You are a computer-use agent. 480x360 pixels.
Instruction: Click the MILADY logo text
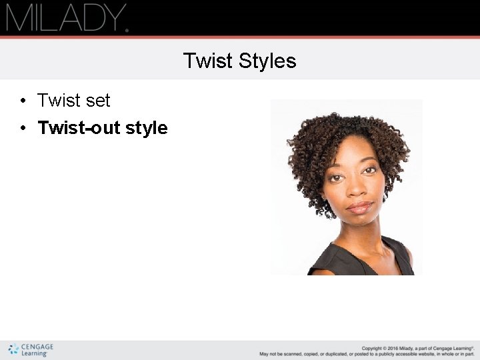pyautogui.click(x=65, y=18)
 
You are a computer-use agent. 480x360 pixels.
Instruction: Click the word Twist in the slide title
pyautogui.click(x=205, y=61)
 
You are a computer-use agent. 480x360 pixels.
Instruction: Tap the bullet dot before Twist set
pyautogui.click(x=23, y=101)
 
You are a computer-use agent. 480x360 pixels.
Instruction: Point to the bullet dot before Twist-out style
pyautogui.click(x=23, y=128)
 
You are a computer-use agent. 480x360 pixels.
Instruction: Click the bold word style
pyautogui.click(x=147, y=128)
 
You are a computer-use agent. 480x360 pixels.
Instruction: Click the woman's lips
pyautogui.click(x=361, y=207)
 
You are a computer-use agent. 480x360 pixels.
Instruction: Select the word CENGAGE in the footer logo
pyautogui.click(x=37, y=347)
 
